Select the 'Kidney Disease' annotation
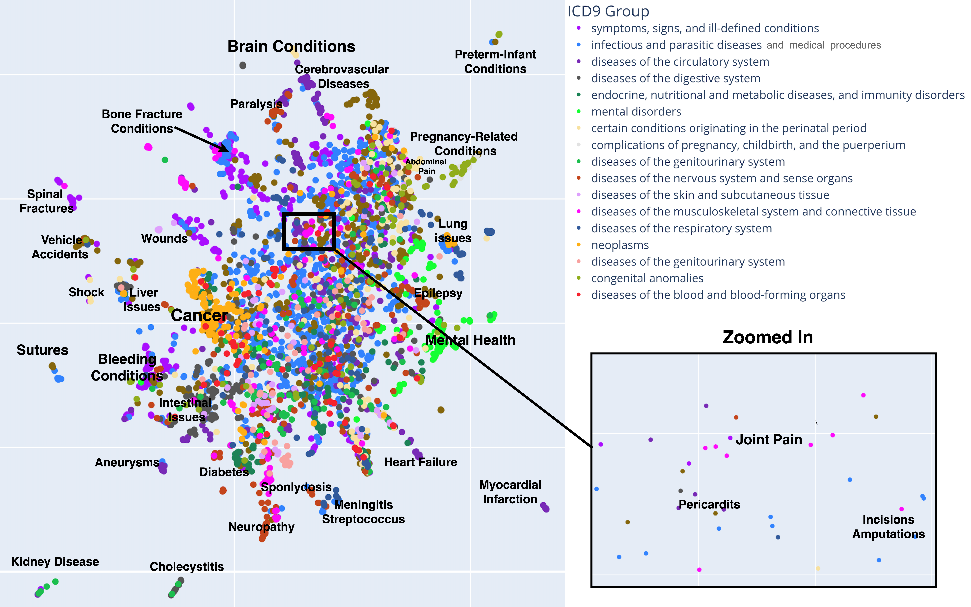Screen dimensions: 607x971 [x=55, y=562]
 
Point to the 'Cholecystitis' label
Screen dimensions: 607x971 [x=187, y=566]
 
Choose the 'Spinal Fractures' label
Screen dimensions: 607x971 [x=46, y=201]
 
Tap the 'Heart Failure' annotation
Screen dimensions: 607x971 [x=420, y=462]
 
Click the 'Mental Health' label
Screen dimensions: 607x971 [x=470, y=340]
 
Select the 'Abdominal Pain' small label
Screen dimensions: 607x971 [x=426, y=166]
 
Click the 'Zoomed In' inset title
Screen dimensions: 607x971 [x=767, y=337]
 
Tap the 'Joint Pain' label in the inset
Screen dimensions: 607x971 [x=769, y=440]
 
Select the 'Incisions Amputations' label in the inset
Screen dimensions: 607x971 [x=888, y=527]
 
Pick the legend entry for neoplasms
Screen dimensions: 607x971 [x=620, y=245]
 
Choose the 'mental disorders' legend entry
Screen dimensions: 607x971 [x=636, y=112]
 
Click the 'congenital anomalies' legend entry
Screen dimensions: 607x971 [x=647, y=278]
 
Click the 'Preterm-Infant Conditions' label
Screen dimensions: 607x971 [x=495, y=61]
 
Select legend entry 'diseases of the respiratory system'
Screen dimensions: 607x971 [x=681, y=228]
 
